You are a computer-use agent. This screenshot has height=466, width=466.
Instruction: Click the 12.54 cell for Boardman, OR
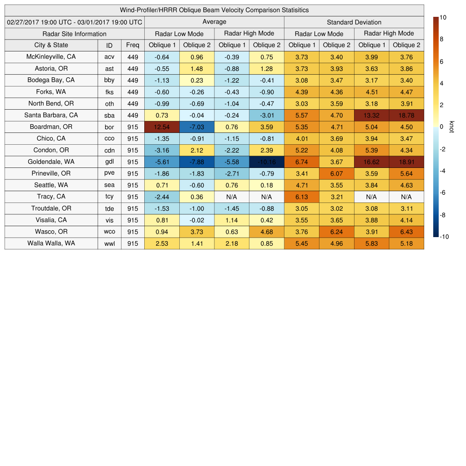(162, 127)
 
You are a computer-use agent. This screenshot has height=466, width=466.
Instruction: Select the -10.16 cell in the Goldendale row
(266, 162)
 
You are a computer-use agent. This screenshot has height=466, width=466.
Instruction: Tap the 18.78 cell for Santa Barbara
(406, 116)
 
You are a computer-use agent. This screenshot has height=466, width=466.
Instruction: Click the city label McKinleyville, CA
(51, 57)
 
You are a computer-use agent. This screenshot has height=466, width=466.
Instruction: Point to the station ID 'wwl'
(109, 243)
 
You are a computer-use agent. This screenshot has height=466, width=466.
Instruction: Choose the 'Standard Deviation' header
(354, 22)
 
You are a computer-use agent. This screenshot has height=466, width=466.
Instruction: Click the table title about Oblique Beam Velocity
(214, 10)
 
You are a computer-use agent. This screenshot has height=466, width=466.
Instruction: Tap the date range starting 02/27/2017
(75, 22)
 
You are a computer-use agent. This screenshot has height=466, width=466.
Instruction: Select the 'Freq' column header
(132, 45)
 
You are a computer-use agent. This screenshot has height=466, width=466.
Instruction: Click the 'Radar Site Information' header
(75, 34)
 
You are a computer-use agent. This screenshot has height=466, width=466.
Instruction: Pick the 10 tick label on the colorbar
(443, 17)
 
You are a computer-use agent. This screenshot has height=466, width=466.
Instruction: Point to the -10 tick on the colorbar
(444, 237)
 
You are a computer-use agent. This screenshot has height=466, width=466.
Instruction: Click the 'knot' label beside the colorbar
(451, 127)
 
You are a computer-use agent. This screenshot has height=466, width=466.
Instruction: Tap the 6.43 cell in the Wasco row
(406, 232)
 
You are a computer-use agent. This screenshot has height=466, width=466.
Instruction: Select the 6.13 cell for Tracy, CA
(301, 197)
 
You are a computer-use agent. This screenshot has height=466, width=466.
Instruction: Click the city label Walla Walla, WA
(51, 243)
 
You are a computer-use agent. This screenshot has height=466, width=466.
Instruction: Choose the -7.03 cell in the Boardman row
(197, 127)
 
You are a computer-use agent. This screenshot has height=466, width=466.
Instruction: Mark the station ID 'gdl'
(109, 162)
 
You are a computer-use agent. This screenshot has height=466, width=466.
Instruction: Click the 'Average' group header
(214, 22)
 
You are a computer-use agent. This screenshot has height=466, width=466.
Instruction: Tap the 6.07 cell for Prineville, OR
(336, 173)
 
